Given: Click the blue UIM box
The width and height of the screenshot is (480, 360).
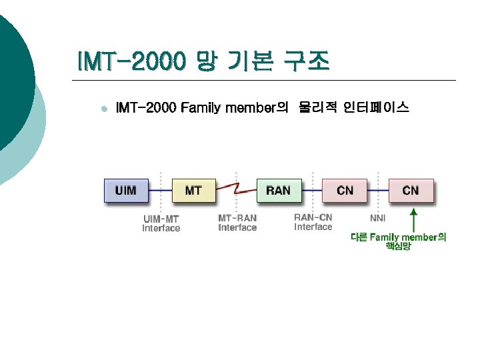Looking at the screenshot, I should [x=125, y=190].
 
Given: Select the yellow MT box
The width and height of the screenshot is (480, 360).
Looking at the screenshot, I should [x=193, y=190].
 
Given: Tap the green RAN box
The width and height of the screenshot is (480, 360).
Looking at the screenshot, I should [x=278, y=190].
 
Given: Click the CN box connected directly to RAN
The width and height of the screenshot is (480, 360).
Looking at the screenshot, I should [x=345, y=190].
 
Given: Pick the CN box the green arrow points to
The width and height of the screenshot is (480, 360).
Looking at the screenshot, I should [x=411, y=190].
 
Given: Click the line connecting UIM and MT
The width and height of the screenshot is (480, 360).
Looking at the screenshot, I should [x=160, y=191].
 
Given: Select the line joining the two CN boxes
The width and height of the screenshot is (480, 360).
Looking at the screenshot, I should [x=378, y=191].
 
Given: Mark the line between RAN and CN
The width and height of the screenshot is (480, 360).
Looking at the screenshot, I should [x=311, y=191].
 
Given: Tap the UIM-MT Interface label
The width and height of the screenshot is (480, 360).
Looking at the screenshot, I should [x=161, y=223].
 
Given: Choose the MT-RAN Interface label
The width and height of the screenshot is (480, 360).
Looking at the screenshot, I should [x=237, y=223].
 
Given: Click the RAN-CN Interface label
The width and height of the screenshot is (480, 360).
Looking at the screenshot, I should [x=313, y=222].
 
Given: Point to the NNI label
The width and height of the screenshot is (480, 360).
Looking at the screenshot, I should [x=378, y=218].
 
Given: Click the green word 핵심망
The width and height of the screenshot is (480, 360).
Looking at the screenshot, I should [x=398, y=247].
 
